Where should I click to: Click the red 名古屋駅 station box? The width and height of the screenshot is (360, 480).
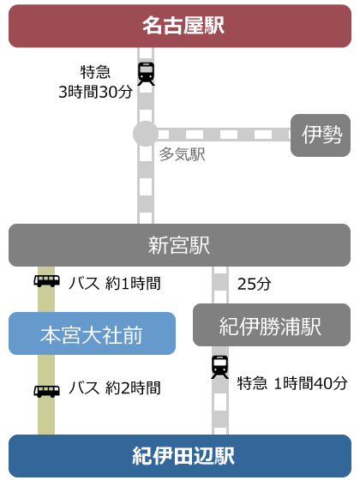[180, 26]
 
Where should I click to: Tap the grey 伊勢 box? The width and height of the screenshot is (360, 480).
[321, 135]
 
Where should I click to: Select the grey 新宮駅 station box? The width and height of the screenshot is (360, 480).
[179, 245]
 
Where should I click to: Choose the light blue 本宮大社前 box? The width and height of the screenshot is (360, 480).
[92, 333]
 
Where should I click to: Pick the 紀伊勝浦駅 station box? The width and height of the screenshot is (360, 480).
[272, 325]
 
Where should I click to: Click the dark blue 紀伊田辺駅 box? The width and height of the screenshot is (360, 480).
[180, 456]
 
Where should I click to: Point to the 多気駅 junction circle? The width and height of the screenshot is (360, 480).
[146, 134]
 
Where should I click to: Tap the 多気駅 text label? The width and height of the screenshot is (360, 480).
[182, 154]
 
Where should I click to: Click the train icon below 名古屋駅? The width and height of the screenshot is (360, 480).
[146, 74]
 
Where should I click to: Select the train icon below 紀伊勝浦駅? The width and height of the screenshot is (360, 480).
[219, 367]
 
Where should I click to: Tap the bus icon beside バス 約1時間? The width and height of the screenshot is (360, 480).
[46, 281]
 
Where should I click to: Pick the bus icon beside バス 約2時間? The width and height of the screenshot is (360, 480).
[46, 391]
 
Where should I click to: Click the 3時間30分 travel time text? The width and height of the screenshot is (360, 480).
[95, 92]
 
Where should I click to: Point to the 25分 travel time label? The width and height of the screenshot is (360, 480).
[254, 284]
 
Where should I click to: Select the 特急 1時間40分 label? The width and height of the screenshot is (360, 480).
[292, 383]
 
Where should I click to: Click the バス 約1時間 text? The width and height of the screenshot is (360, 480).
[115, 283]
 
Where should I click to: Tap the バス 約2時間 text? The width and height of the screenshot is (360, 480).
[115, 387]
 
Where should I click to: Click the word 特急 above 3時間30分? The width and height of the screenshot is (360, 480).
[95, 72]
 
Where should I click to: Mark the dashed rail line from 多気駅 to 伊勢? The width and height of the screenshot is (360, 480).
[224, 135]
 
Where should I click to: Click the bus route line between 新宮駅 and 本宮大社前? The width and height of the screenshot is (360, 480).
[46, 290]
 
